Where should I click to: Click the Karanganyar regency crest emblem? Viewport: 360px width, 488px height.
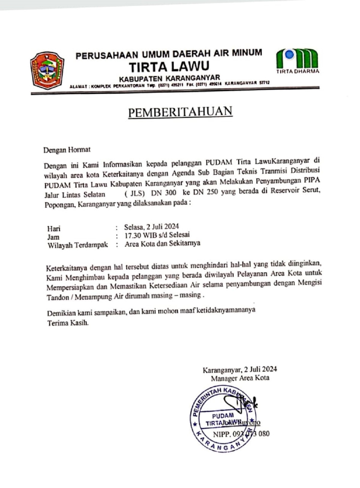click(x=47, y=70)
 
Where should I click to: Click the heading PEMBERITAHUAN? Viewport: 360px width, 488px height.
click(x=180, y=112)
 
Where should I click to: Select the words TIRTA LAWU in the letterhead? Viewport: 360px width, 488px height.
click(x=169, y=66)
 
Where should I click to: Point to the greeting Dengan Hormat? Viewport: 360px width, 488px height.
click(x=67, y=150)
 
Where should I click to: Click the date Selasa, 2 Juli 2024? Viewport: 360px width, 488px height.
click(x=151, y=226)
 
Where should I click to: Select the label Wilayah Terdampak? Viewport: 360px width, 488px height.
click(x=77, y=245)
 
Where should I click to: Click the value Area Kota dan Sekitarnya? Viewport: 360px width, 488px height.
click(x=162, y=243)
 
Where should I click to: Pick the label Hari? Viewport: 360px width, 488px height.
click(x=54, y=229)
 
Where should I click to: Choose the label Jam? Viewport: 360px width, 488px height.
click(x=53, y=237)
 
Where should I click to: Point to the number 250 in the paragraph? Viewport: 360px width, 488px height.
click(x=210, y=192)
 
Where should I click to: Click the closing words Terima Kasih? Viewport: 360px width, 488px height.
click(x=68, y=323)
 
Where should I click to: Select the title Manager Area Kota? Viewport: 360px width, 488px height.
click(x=240, y=378)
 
